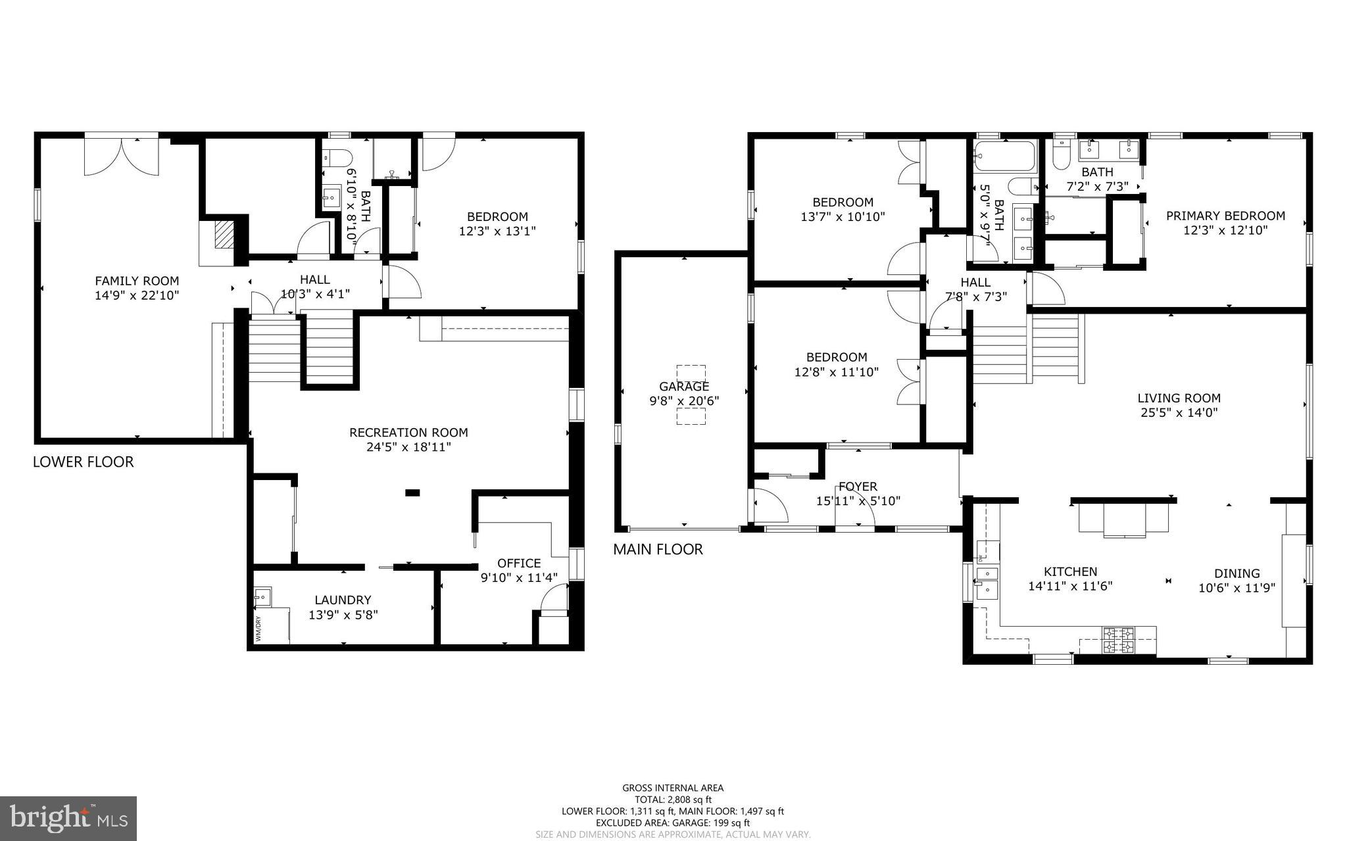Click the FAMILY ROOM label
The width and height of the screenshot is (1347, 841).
click(x=137, y=281)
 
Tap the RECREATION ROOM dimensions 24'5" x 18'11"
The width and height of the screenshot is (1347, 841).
click(x=408, y=447)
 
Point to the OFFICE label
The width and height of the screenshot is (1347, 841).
click(x=519, y=563)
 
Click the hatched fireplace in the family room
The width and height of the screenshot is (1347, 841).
click(x=224, y=234)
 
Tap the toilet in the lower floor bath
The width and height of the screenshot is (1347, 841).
click(x=339, y=158)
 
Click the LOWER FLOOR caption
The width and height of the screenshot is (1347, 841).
click(x=84, y=462)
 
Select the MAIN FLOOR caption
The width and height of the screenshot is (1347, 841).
click(x=658, y=550)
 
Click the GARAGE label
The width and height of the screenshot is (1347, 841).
click(x=684, y=387)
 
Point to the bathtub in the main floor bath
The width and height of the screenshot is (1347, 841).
click(x=1004, y=156)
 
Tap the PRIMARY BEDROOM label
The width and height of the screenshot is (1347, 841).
click(x=1225, y=216)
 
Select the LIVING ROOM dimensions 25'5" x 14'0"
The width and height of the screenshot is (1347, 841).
click(x=1179, y=413)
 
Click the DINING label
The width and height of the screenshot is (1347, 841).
click(x=1237, y=573)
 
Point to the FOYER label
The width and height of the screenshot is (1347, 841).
click(x=858, y=487)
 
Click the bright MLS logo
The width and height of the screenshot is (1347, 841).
click(x=68, y=818)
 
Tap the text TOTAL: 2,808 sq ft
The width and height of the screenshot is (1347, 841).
click(x=673, y=800)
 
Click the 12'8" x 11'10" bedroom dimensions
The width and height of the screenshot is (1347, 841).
click(x=836, y=372)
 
